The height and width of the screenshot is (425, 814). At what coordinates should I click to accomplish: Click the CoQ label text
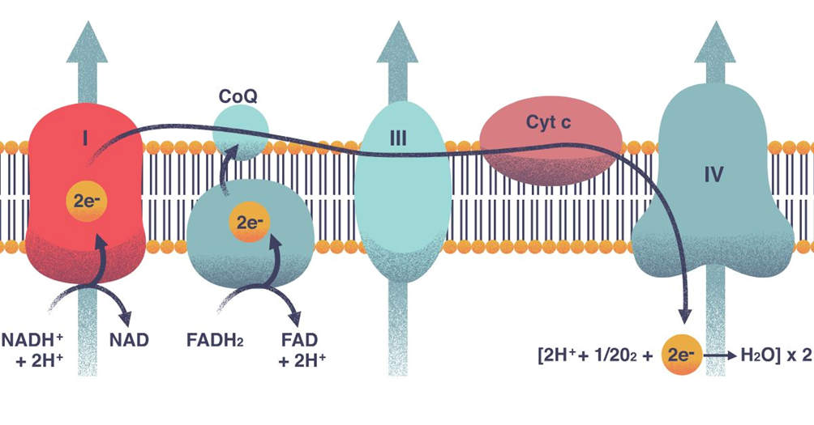click(x=238, y=96)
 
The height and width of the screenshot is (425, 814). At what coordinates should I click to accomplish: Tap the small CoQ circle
click(x=241, y=132)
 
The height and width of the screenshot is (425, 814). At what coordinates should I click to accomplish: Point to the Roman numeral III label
click(x=397, y=139)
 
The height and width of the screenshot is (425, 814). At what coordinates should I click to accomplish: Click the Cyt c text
click(x=551, y=123)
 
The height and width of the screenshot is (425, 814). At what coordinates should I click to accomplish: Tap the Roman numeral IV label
click(x=713, y=174)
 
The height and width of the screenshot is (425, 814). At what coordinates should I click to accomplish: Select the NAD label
click(x=129, y=339)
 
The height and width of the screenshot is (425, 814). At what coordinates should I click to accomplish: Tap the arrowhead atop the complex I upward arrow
click(x=87, y=42)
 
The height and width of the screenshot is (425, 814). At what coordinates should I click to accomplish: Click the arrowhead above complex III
click(x=397, y=42)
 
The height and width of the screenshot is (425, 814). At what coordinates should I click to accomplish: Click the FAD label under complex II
click(x=301, y=339)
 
